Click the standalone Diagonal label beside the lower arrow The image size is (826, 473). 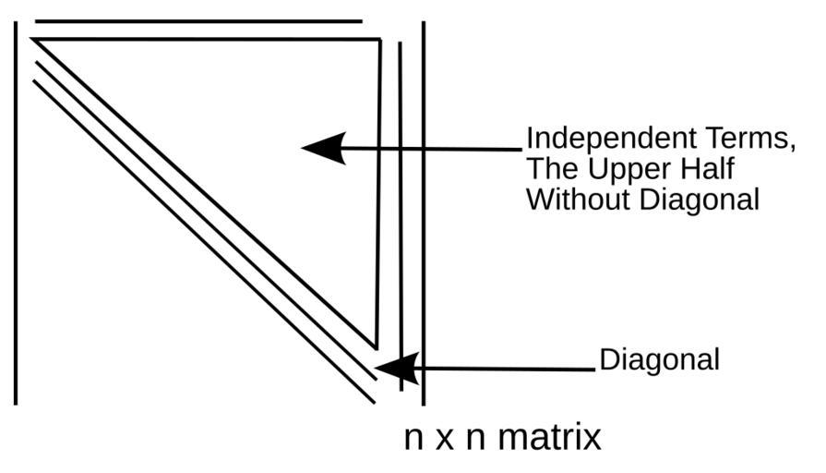tap(659, 359)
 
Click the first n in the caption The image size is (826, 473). tap(414, 438)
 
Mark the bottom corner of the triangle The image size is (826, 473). tap(375, 347)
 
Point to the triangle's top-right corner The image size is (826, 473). tap(379, 40)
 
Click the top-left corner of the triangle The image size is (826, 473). tap(34, 40)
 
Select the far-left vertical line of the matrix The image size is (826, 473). tap(16, 212)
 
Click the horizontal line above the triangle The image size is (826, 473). tap(198, 20)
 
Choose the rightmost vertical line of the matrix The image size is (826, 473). tap(423, 212)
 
